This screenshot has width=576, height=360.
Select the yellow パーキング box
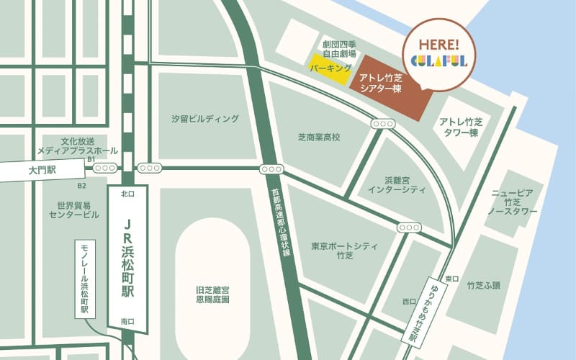[330, 68]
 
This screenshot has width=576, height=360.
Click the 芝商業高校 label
[318, 136]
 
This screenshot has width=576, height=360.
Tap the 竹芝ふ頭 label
[483, 285]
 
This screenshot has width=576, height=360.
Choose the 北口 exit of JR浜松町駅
[128, 193]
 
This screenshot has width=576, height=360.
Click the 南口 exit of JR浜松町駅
[128, 320]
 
